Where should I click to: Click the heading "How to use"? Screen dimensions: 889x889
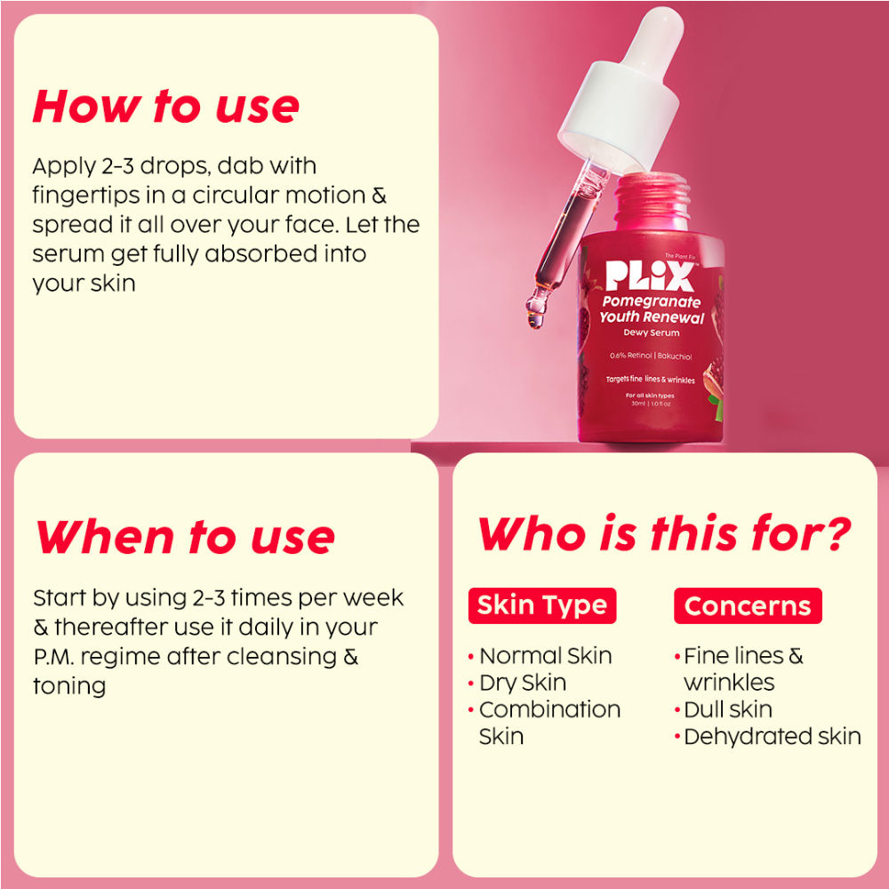pos(165,106)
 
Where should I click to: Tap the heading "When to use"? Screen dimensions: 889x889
pos(184,537)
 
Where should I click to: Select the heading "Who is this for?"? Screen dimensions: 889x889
pos(664,533)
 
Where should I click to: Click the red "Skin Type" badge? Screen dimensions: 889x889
pos(542,605)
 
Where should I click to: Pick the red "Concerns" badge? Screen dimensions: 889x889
pos(748,605)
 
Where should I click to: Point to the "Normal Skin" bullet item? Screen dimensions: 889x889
pos(541,656)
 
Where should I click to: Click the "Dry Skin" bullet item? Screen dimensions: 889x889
pos(517,683)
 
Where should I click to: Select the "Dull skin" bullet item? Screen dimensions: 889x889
pos(724,709)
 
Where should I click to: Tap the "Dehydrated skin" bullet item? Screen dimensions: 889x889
pos(768,736)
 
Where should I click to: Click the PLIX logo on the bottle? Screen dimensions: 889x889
pos(650,276)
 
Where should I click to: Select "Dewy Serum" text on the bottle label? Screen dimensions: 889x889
pos(652,332)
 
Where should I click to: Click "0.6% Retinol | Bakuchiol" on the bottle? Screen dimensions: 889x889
pos(651,356)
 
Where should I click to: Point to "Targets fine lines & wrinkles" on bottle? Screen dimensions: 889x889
pos(651,380)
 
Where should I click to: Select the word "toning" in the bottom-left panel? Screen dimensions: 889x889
pos(69,686)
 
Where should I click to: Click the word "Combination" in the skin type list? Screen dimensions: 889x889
pos(549,709)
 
